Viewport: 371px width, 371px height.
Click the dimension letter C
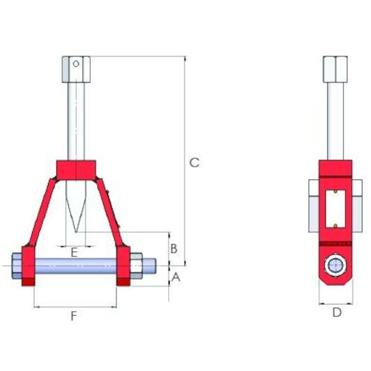pyautogui.click(x=195, y=162)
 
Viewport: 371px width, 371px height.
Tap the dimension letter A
pyautogui.click(x=176, y=277)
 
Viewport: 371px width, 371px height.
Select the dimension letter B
pyautogui.click(x=175, y=248)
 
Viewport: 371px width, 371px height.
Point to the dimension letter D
pyautogui.click(x=337, y=313)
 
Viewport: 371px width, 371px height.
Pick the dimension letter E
pyautogui.click(x=74, y=252)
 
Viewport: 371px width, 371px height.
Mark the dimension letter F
pyautogui.click(x=74, y=317)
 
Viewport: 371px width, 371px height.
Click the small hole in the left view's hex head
pyautogui.click(x=76, y=64)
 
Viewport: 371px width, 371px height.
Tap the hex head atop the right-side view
pyautogui.click(x=335, y=68)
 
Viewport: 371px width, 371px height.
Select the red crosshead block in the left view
pyautogui.click(x=75, y=169)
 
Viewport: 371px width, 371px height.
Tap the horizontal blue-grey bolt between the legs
pyautogui.click(x=77, y=266)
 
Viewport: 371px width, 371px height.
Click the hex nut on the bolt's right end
pyautogui.click(x=135, y=266)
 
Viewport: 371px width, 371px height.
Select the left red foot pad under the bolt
pyautogui.click(x=29, y=282)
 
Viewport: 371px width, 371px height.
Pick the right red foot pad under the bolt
pyautogui.click(x=123, y=282)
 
